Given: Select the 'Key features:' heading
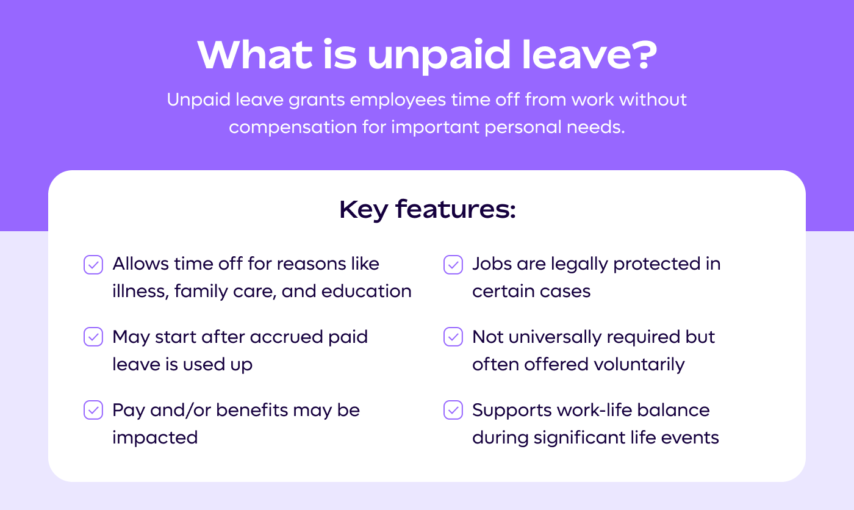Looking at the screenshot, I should [427, 209].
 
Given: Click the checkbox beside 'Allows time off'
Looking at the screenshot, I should [93, 264].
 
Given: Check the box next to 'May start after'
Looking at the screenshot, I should [93, 337].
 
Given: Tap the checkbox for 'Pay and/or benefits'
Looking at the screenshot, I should [93, 410].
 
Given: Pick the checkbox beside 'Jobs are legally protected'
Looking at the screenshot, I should [453, 264].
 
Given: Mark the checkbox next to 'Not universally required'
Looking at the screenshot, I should [453, 337].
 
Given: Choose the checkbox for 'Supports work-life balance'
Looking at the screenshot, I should [453, 410].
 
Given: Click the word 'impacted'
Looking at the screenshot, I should [155, 437].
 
